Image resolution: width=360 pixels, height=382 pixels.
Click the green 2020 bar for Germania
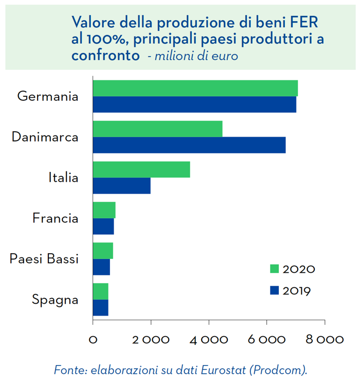tap(195, 89)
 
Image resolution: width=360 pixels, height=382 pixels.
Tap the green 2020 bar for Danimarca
tap(157, 129)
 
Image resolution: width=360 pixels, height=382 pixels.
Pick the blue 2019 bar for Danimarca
tap(189, 145)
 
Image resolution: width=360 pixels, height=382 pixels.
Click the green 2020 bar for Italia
tap(141, 169)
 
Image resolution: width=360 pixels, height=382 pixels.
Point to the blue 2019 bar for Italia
tap(121, 185)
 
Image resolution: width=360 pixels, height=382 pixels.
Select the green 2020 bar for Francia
tap(104, 210)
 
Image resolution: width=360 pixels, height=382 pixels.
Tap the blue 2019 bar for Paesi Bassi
tap(101, 267)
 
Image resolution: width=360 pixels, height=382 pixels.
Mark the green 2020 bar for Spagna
tap(100, 291)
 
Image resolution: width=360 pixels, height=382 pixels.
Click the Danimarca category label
tap(45, 137)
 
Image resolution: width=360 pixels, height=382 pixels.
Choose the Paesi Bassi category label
tap(44, 258)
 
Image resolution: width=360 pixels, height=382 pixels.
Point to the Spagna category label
tap(55, 299)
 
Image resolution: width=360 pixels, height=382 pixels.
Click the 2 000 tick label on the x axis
tap(151, 340)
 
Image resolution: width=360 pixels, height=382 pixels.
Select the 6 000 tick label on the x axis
tap(266, 340)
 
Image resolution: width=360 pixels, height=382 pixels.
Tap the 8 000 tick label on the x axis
tap(325, 340)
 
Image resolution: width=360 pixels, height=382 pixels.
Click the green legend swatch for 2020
tap(274, 269)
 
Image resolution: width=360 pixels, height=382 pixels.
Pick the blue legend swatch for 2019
tap(274, 290)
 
